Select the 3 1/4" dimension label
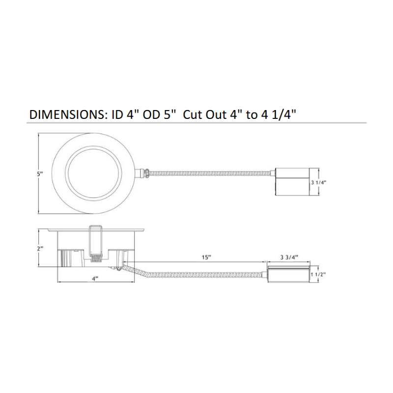(319, 182)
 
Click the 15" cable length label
(206, 257)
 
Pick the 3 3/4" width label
(289, 257)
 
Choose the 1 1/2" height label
(318, 275)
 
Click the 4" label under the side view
(95, 279)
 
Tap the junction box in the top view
(292, 181)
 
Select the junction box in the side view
(289, 274)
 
